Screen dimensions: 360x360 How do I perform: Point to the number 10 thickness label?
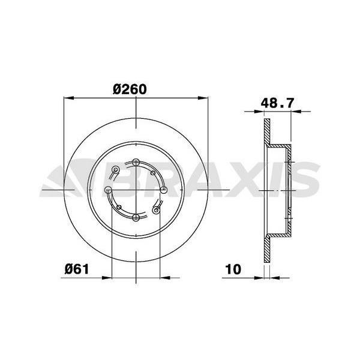(234, 269)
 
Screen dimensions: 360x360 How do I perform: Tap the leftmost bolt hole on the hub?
(109, 190)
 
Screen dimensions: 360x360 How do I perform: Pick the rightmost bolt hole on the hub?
(163, 190)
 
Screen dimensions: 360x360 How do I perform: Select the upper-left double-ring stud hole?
(116, 170)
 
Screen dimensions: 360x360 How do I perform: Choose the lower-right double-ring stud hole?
(157, 209)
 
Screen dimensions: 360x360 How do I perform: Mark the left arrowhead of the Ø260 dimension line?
(68, 98)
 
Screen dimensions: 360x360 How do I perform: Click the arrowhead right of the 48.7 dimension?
(295, 112)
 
